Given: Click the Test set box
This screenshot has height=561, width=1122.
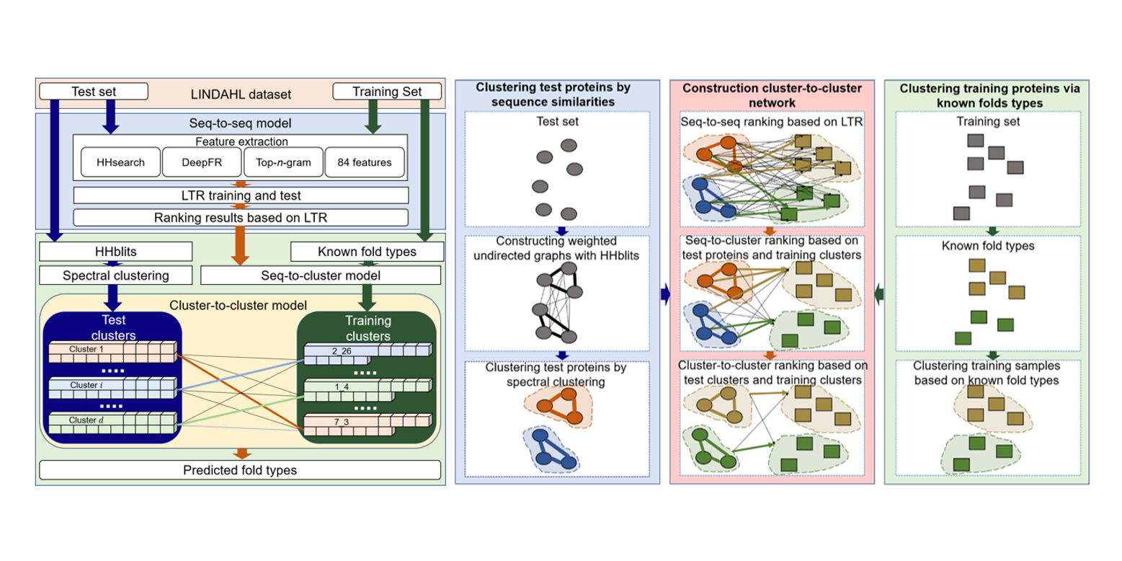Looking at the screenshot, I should (x=94, y=92).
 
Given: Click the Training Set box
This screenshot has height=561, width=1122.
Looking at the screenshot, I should (x=387, y=92).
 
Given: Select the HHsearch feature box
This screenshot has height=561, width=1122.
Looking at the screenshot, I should (x=120, y=163).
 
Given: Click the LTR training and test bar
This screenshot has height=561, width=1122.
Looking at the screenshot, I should (x=241, y=195).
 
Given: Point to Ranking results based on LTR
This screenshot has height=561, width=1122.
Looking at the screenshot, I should (x=241, y=217).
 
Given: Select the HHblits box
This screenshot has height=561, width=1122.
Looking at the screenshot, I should (x=115, y=252).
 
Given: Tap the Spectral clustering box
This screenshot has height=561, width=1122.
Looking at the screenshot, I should (x=115, y=275).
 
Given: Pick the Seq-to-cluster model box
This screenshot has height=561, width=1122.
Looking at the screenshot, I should (x=320, y=275).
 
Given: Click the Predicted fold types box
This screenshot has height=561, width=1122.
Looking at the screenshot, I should (x=240, y=471).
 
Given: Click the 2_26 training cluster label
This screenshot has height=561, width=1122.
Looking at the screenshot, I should (x=341, y=351).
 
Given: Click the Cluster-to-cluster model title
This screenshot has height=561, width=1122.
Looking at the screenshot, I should (x=240, y=304).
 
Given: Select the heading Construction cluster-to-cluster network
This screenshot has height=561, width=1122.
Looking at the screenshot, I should (x=771, y=94).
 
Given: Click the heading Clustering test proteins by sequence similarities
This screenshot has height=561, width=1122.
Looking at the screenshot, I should (x=553, y=94).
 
